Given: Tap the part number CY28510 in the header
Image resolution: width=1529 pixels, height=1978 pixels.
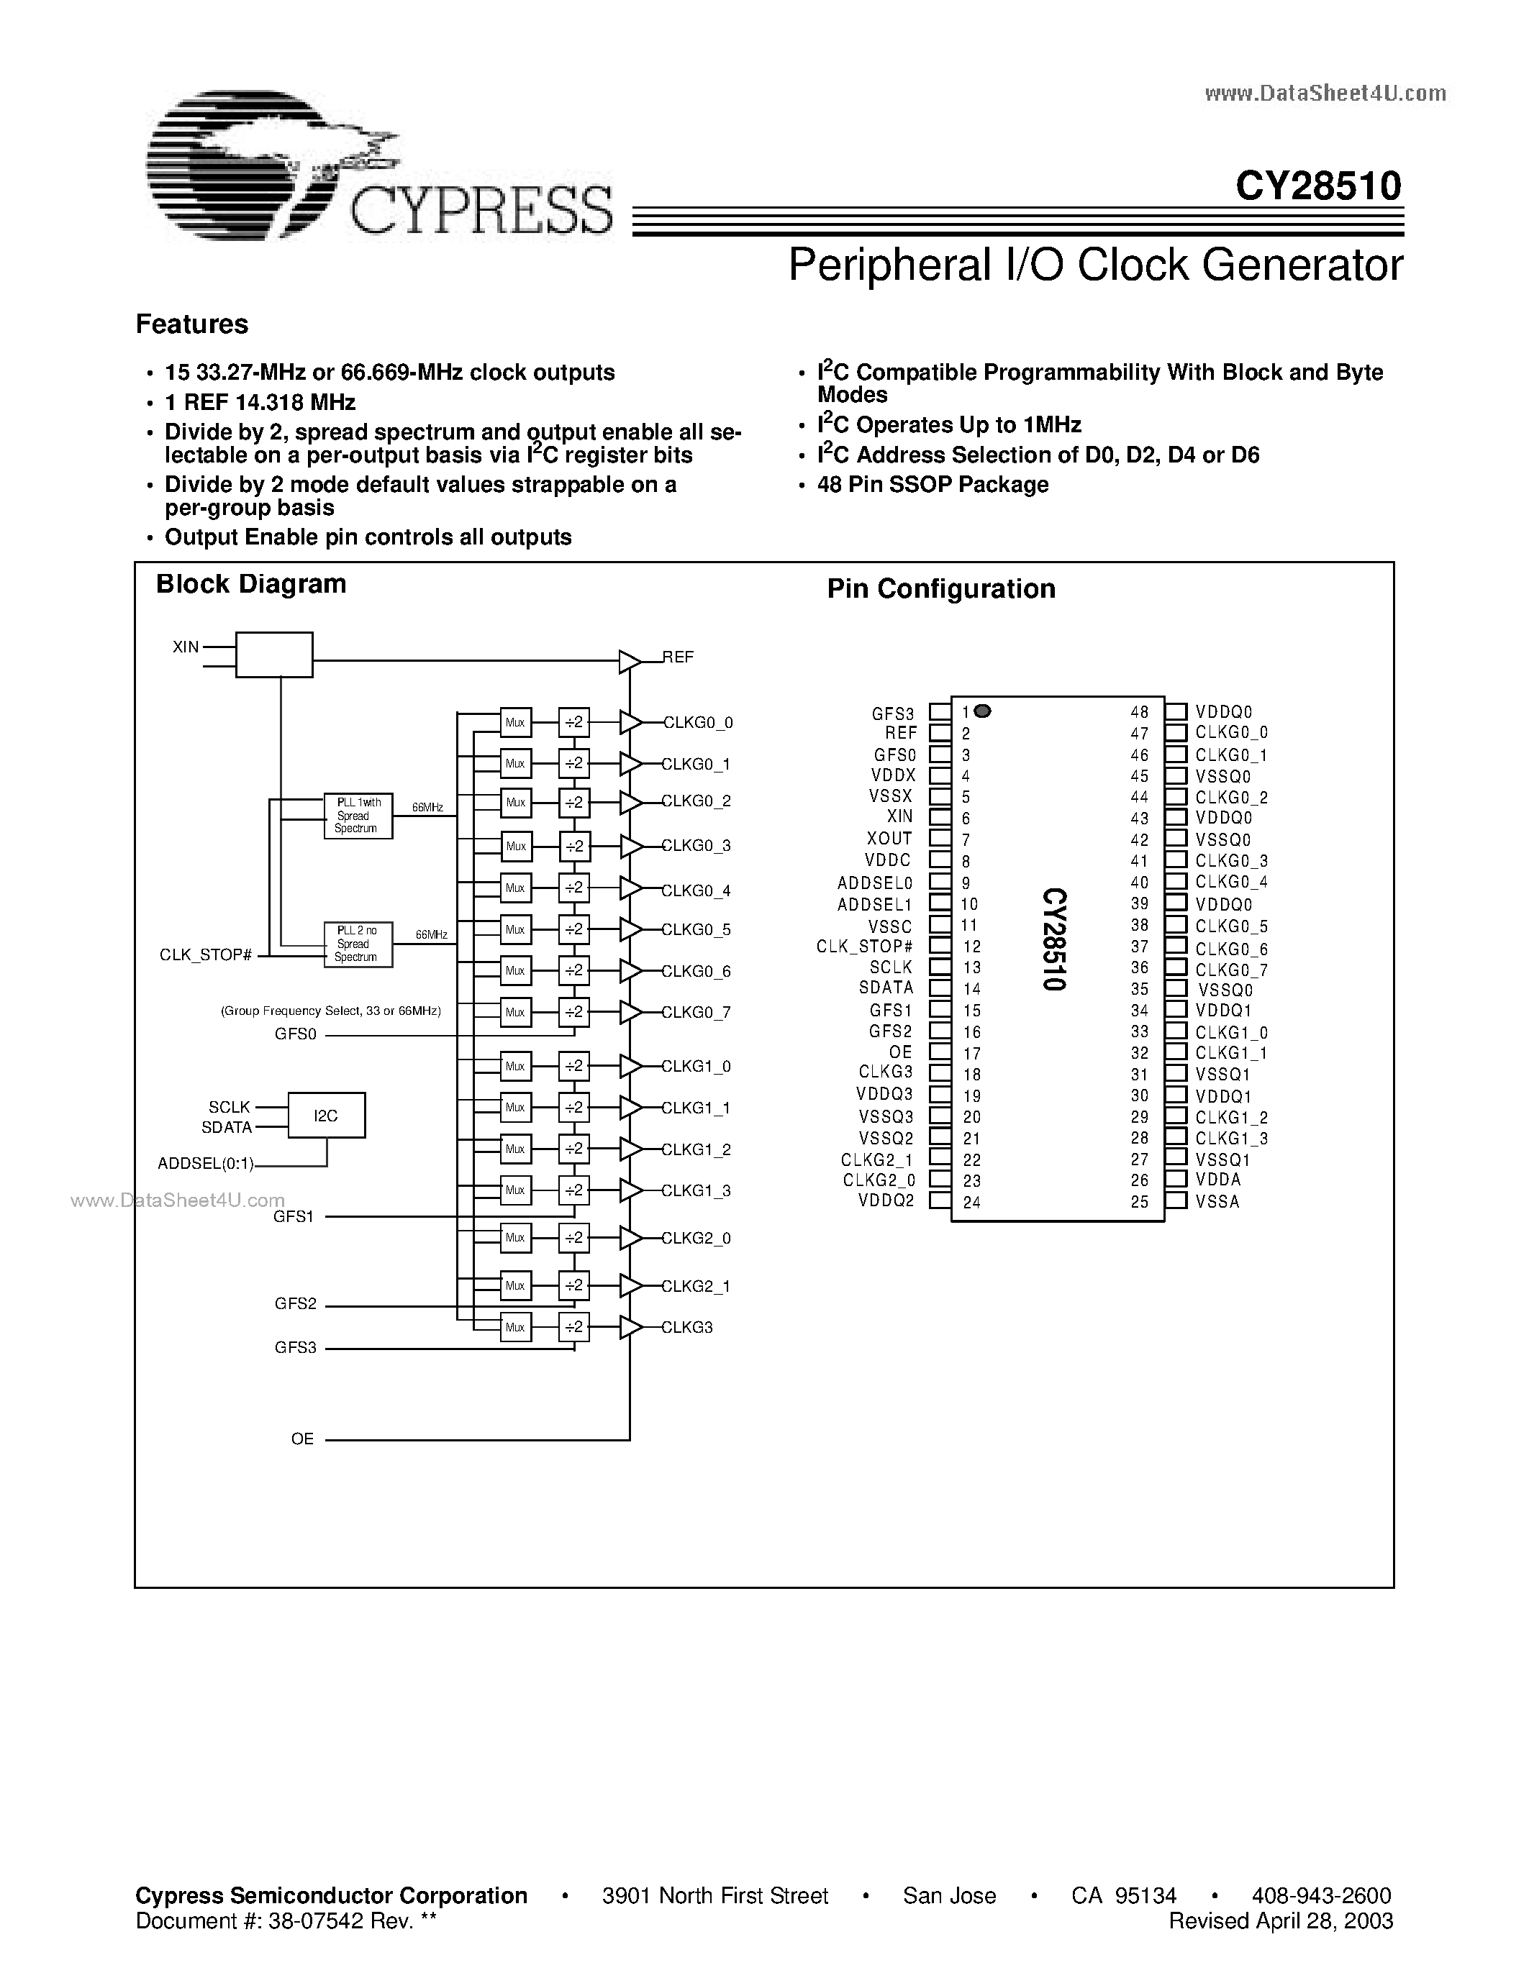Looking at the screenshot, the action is point(1318,186).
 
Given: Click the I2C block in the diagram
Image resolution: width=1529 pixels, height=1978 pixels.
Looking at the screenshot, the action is point(326,1115).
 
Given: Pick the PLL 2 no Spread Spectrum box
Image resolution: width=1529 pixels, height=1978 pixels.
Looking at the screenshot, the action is point(358,944).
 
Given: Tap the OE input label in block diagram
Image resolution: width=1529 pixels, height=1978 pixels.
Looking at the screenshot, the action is point(302,1439).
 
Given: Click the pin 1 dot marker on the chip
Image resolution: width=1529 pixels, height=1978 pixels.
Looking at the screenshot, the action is point(983,711).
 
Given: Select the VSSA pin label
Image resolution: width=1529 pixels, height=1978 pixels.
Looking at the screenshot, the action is point(1217,1202).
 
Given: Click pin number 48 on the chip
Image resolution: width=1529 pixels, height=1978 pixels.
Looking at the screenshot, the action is point(1140,713).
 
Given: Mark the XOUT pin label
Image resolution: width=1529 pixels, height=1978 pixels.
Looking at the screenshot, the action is point(889,839).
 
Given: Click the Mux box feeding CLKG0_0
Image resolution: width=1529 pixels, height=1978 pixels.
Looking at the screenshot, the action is point(515,723).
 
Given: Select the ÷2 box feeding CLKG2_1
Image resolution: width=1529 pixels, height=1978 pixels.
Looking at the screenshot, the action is point(574,1285).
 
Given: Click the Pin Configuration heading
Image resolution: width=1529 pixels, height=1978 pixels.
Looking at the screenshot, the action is point(941,588).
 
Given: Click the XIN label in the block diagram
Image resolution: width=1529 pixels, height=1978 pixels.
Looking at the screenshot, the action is point(186,647).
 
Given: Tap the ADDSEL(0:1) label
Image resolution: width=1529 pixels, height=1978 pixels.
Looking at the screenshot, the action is point(206,1164).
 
